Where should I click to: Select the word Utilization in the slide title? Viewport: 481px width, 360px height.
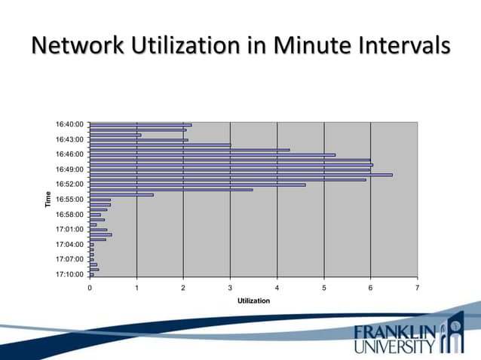pyautogui.click(x=191, y=46)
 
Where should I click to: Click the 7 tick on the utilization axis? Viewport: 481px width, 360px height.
pyautogui.click(x=417, y=288)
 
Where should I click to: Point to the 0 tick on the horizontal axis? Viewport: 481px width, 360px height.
pyautogui.click(x=90, y=288)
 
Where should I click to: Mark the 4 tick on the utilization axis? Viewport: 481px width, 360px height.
pyautogui.click(x=277, y=288)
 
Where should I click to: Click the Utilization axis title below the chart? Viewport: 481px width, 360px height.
pyautogui.click(x=253, y=301)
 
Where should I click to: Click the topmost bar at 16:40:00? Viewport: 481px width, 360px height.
pyautogui.click(x=140, y=125)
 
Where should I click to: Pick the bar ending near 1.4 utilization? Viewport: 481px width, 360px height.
pyautogui.click(x=121, y=194)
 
